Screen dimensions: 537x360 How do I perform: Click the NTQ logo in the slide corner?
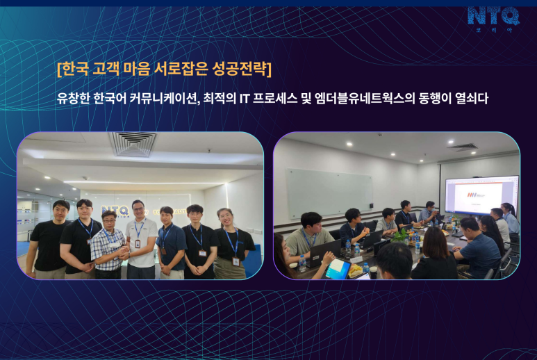[x=493, y=19]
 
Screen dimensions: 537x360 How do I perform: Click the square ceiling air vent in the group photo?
[x=133, y=144]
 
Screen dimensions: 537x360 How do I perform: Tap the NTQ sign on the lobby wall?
[x=115, y=211]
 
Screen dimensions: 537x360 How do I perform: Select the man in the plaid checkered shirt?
[x=108, y=245]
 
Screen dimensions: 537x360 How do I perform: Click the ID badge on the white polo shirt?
[x=138, y=243]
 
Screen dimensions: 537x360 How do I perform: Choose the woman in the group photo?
[x=233, y=244]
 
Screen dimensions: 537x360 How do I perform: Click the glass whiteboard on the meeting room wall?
[x=329, y=193]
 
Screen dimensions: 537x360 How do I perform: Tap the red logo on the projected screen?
[x=472, y=195]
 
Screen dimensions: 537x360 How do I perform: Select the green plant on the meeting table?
[x=400, y=236]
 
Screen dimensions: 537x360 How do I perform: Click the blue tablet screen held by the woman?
[x=337, y=268]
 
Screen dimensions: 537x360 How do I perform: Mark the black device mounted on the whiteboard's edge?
[x=372, y=206]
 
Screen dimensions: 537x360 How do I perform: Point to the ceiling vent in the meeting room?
[x=463, y=147]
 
